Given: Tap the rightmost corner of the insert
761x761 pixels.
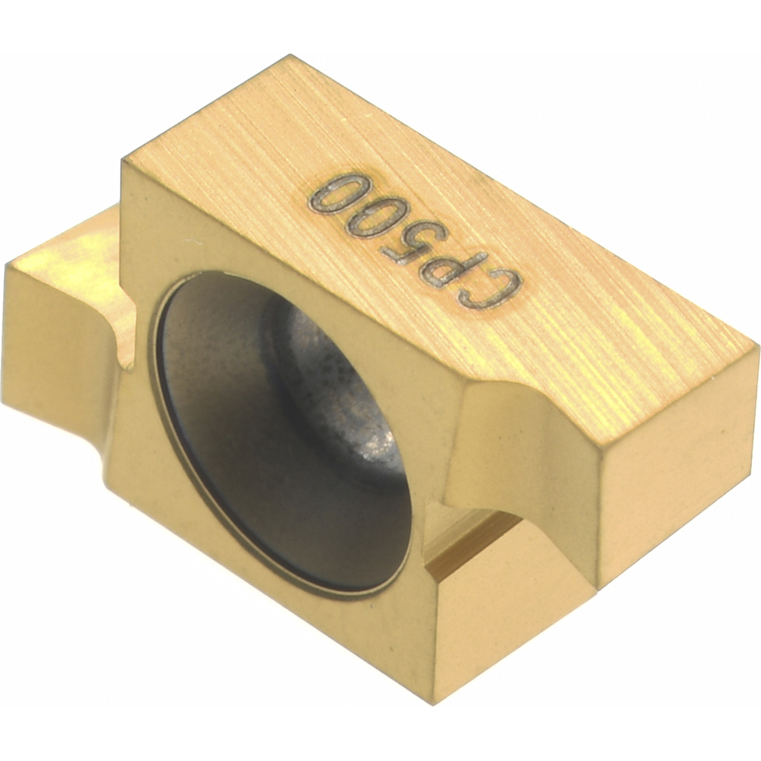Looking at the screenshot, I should pyautogui.click(x=757, y=346).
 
